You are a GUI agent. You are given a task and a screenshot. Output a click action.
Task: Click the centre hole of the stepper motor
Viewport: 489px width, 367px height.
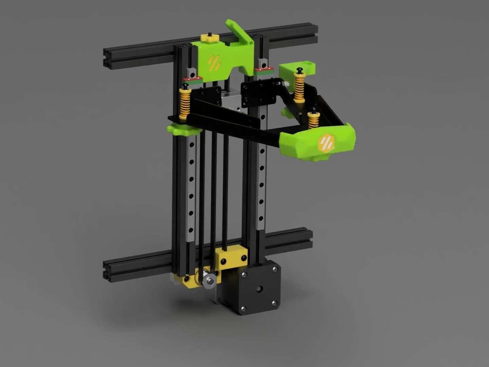tap(259, 289)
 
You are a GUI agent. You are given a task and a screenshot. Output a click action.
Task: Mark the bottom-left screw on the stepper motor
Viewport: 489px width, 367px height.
tap(243, 308)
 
